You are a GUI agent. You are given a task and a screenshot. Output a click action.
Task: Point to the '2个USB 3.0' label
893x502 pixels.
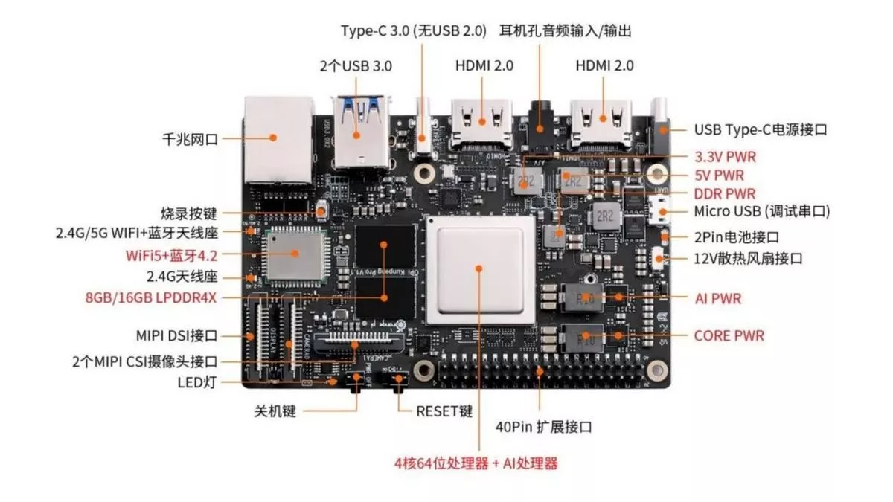tap(356, 65)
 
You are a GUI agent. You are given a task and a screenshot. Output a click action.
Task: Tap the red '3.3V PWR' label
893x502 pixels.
tap(729, 157)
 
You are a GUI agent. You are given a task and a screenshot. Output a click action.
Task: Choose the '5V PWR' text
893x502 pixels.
tap(718, 176)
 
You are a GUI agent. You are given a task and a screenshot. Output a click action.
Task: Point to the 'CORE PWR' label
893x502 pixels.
tap(729, 335)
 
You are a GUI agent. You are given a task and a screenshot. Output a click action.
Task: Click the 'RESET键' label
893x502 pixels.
tap(444, 411)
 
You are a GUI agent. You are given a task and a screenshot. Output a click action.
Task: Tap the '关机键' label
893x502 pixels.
tap(275, 411)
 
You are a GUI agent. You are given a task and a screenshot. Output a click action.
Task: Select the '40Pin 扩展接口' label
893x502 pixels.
tap(543, 428)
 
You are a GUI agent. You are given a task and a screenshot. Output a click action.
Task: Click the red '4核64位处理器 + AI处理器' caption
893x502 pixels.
tap(476, 463)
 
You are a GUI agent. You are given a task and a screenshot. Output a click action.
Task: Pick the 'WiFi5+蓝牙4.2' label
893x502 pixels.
tap(170, 254)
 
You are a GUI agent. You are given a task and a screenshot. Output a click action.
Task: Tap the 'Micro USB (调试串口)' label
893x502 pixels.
tap(761, 212)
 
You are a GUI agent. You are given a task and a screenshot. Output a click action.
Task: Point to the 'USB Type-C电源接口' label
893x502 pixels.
tap(761, 129)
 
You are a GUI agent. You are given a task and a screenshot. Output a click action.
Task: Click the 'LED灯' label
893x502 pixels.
tap(198, 382)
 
